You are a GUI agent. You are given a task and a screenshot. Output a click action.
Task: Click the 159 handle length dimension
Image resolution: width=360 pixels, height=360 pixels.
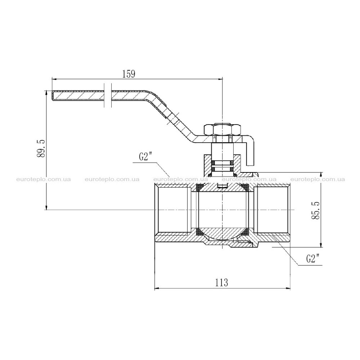(x=129, y=74)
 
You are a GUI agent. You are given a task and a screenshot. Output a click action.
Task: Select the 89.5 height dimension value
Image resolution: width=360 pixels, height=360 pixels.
(x=41, y=148)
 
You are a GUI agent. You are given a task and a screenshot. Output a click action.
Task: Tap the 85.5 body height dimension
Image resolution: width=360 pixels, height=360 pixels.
(x=316, y=210)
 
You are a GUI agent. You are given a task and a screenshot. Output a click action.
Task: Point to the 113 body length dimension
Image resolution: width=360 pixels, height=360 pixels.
(x=221, y=283)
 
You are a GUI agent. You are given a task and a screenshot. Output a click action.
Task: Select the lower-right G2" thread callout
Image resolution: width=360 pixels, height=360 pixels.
(x=313, y=259)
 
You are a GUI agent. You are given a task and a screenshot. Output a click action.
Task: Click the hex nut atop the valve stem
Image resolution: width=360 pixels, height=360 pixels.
(x=222, y=130)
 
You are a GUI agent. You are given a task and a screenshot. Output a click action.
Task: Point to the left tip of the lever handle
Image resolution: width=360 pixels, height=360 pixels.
(x=52, y=95)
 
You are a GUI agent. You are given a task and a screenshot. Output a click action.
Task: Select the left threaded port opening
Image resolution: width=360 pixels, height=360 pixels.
(x=174, y=210)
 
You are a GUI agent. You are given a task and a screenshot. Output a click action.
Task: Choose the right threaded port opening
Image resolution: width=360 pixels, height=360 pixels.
(x=273, y=210)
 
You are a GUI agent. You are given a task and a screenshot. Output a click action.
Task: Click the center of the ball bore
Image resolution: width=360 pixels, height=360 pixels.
(x=222, y=210)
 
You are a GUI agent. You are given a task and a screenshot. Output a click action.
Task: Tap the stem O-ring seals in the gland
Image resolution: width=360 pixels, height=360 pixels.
(x=222, y=166)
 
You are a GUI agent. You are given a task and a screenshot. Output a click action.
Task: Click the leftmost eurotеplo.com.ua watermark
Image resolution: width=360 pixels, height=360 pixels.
(x=44, y=179)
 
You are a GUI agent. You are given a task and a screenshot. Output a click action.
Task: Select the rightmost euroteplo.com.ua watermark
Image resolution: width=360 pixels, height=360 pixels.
(x=318, y=179)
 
